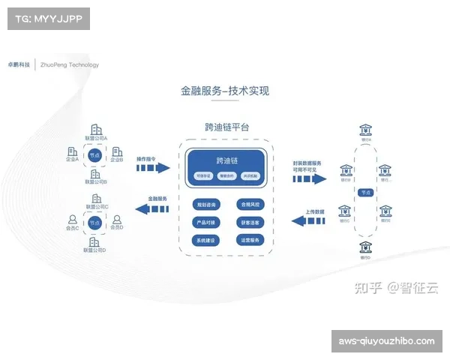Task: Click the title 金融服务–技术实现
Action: pos(224,91)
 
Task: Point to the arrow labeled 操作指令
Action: pos(153,169)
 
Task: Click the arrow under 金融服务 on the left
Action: pos(153,208)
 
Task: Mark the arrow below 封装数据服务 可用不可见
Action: pos(308,179)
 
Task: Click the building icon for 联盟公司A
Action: pos(96,129)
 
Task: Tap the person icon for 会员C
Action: pos(73,220)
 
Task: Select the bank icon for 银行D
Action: pos(365,247)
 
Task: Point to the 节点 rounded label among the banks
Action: pos(365,193)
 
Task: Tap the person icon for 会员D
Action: pos(117,220)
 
